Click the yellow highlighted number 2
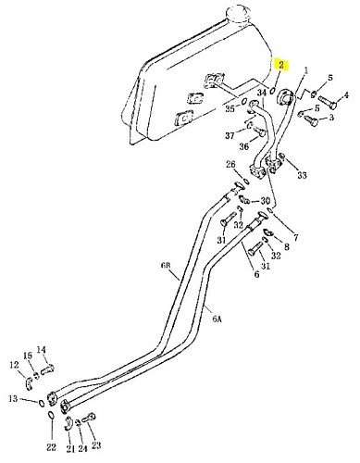(281, 65)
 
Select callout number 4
(346, 94)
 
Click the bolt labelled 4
(327, 103)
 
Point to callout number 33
(302, 175)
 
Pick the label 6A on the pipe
(217, 319)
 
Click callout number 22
(52, 446)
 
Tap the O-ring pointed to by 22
(52, 415)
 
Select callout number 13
(13, 399)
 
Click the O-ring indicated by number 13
(42, 403)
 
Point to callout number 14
(42, 350)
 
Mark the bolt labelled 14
(47, 369)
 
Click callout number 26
(230, 164)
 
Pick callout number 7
(295, 237)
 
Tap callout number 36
(244, 146)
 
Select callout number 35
(230, 108)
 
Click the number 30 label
(266, 201)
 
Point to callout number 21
(70, 448)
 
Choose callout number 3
(331, 118)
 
